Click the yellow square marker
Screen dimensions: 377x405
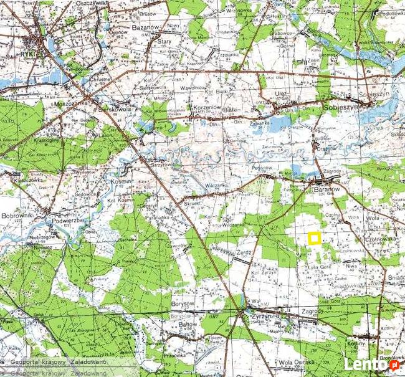point(314,237)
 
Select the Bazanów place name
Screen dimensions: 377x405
point(144,29)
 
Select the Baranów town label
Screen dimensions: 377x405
point(325,185)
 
